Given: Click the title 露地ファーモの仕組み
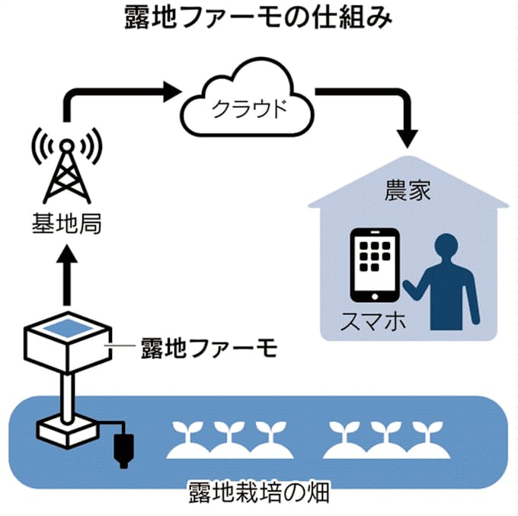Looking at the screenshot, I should click(259, 19).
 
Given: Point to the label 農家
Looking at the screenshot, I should click(408, 190).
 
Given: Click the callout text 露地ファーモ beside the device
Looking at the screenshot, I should click(208, 349).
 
